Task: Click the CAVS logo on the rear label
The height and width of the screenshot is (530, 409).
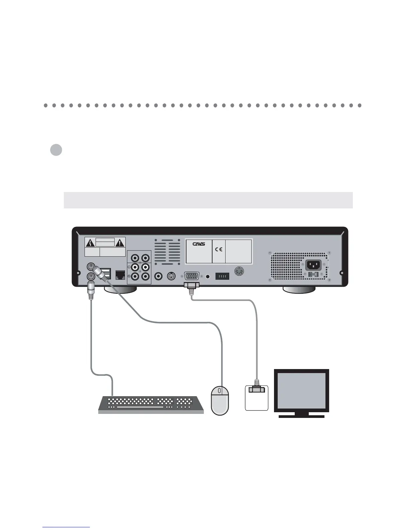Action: [x=198, y=244]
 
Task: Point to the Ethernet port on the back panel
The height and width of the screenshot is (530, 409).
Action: [x=120, y=275]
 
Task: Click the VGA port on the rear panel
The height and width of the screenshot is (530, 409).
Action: [x=192, y=276]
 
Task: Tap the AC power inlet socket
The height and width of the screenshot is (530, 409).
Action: [x=313, y=265]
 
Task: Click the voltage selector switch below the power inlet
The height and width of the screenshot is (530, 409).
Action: [x=313, y=275]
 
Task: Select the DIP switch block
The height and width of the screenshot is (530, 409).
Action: [x=222, y=276]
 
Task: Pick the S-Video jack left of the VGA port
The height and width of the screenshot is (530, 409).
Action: [x=171, y=276]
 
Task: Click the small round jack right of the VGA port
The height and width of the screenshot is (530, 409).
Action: [x=209, y=276]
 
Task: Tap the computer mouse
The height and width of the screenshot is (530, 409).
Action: [x=220, y=401]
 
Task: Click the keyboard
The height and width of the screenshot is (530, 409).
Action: [x=151, y=404]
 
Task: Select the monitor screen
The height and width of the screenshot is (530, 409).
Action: [x=301, y=390]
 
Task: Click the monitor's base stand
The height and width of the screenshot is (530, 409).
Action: [x=301, y=416]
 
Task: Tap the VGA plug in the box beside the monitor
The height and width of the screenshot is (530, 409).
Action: [x=257, y=390]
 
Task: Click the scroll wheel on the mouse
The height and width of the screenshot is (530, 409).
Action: [x=219, y=390]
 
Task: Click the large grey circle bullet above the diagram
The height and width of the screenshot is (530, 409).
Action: [x=56, y=150]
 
